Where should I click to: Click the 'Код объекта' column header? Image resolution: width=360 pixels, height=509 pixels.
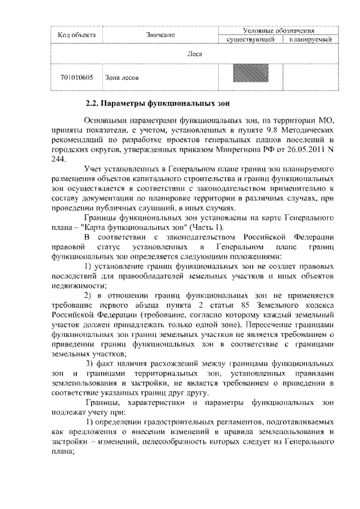click(77, 35)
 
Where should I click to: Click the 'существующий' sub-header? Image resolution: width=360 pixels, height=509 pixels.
click(250, 40)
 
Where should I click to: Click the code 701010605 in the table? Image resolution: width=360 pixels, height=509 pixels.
click(77, 78)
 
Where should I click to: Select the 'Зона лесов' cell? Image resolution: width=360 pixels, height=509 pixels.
click(118, 78)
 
